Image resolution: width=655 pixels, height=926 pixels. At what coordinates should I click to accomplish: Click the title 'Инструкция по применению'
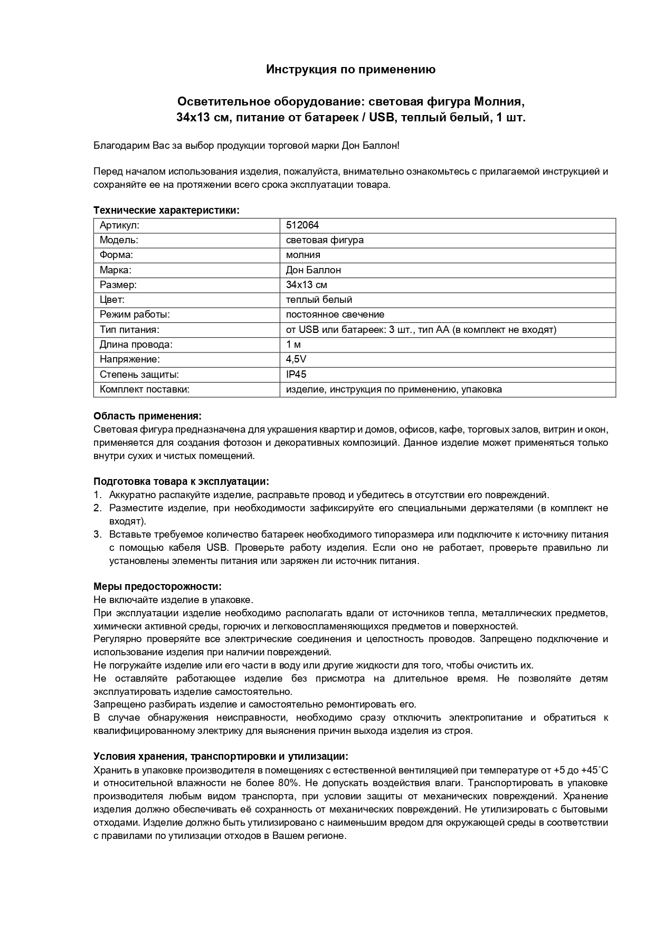pyautogui.click(x=350, y=70)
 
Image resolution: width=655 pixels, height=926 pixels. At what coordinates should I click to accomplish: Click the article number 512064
pyautogui.click(x=302, y=225)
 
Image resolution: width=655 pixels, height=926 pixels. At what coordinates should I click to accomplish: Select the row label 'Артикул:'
pyautogui.click(x=119, y=225)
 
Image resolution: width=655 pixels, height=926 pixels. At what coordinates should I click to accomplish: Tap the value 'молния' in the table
pyautogui.click(x=303, y=255)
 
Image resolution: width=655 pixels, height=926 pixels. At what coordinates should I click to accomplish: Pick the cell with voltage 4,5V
pyautogui.click(x=296, y=359)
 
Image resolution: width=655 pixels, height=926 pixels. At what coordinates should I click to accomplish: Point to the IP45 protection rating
pyautogui.click(x=296, y=374)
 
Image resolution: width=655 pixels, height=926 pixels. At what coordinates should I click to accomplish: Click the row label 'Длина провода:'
pyautogui.click(x=136, y=345)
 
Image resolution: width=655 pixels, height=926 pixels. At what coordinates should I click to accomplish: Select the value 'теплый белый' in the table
pyautogui.click(x=319, y=300)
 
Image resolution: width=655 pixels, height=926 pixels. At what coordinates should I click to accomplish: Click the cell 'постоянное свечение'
pyautogui.click(x=335, y=314)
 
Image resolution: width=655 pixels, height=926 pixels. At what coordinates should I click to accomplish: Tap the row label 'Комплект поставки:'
pyautogui.click(x=144, y=389)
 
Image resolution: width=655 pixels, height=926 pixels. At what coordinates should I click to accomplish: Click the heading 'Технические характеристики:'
pyautogui.click(x=166, y=210)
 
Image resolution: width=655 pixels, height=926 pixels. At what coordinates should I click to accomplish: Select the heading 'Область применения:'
pyautogui.click(x=147, y=416)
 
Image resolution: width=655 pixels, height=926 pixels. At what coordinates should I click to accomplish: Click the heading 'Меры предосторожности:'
pyautogui.click(x=157, y=587)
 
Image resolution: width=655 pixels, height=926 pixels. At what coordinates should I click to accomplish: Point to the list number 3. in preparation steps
pyautogui.click(x=97, y=534)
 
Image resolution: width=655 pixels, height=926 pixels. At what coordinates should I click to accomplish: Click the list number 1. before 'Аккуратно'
pyautogui.click(x=97, y=495)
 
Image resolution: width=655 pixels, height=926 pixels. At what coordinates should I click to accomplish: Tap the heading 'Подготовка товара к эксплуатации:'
pyautogui.click(x=181, y=482)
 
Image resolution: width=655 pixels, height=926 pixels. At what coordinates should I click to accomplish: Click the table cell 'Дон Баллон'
pyautogui.click(x=313, y=270)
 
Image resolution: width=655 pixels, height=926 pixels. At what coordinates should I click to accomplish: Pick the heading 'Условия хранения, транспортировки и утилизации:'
pyautogui.click(x=221, y=757)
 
